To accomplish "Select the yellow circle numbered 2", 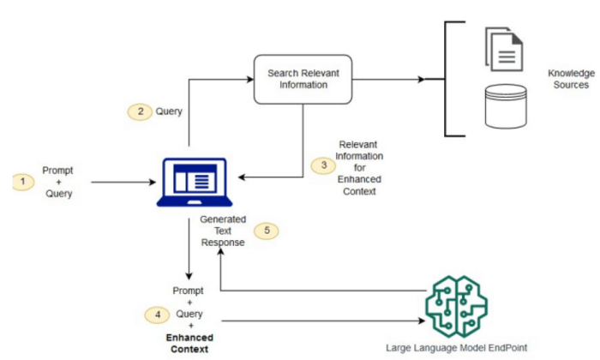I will click(138, 111).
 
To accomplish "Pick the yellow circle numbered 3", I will click(323, 165).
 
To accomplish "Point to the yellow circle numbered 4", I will click(155, 315).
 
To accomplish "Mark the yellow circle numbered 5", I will click(267, 231).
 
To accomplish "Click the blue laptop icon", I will click(194, 183).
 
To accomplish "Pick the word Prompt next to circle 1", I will click(57, 171).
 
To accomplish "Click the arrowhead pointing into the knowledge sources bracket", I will click(420, 80).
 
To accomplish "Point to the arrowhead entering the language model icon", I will click(421, 321).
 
